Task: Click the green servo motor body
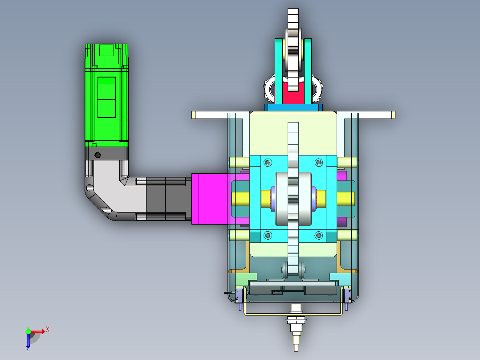coord(106,95)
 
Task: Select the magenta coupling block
coord(211,199)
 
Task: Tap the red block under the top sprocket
coord(293,92)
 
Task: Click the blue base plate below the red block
coord(293,107)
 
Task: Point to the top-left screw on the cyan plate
coord(268,162)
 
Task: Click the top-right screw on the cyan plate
coord(319,162)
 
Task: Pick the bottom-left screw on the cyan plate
coord(268,235)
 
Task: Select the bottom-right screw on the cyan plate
coord(319,235)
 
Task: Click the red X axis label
coord(48,330)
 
